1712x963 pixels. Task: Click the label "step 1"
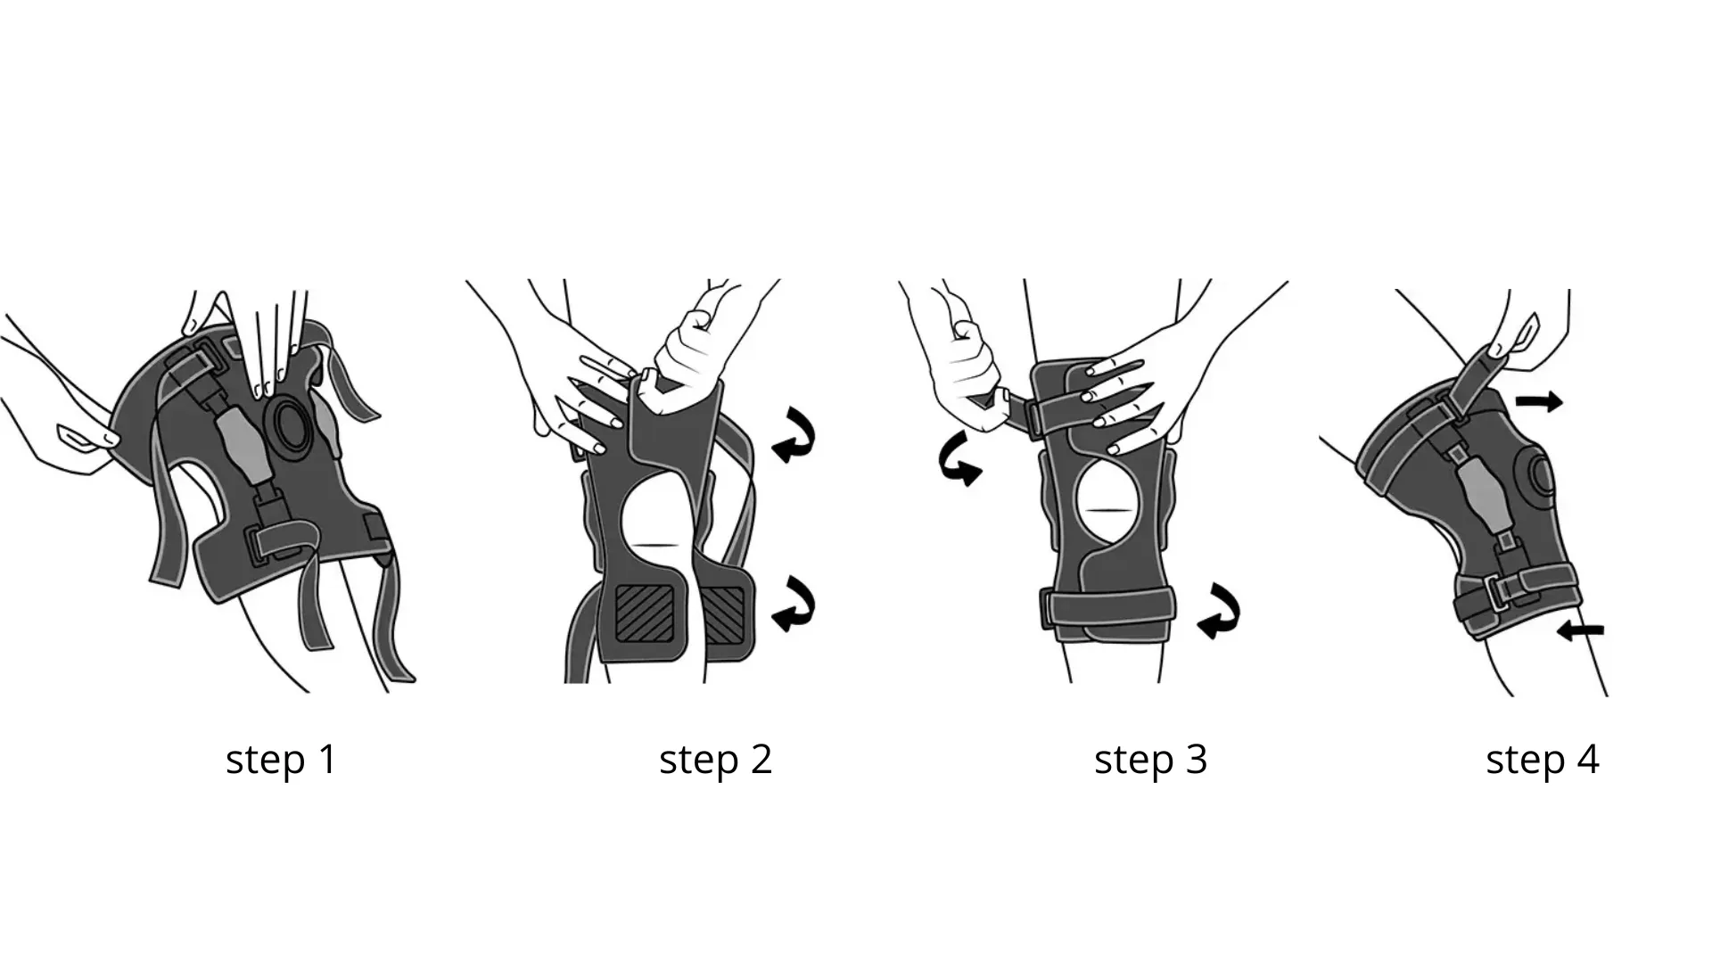point(282,760)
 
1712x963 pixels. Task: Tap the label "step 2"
point(715,760)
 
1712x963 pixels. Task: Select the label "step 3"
point(1150,760)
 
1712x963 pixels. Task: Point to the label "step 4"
point(1543,760)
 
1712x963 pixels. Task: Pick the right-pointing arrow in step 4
point(1540,403)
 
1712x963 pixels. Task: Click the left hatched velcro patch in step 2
point(646,612)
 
